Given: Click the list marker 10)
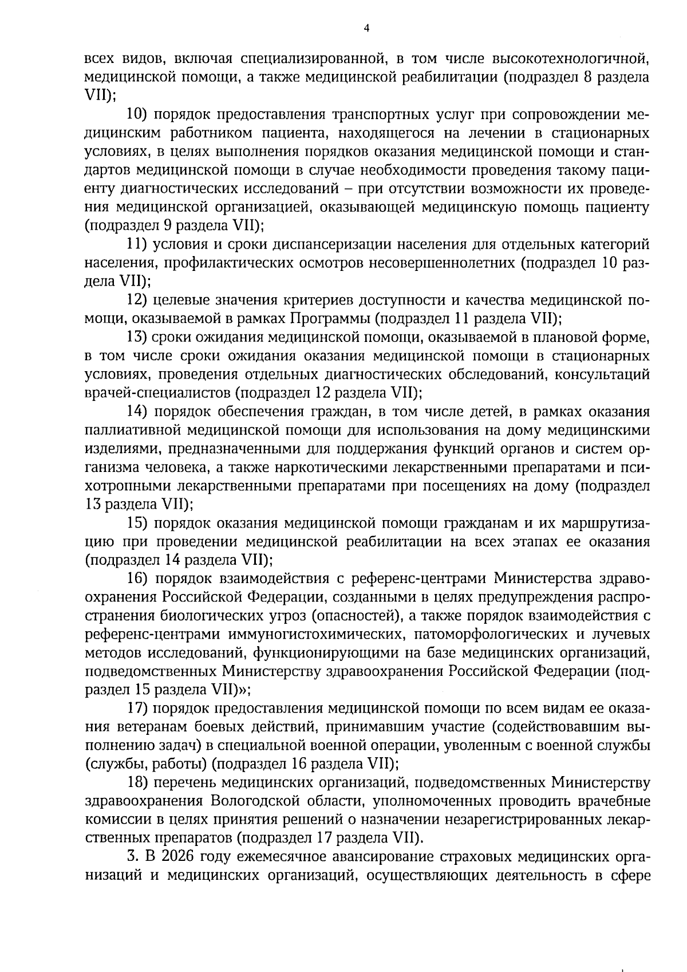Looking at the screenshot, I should (137, 114).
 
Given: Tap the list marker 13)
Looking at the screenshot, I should (137, 337).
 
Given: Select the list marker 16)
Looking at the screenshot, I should (137, 579).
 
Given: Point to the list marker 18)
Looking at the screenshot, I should (137, 784).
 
